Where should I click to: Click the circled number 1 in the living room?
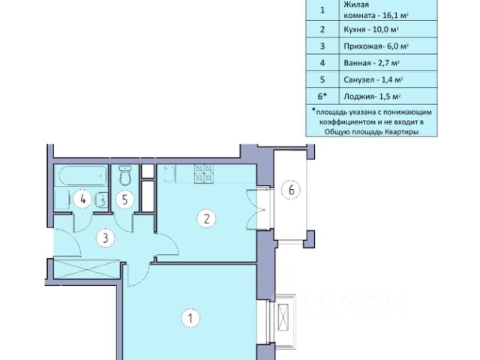[x=190, y=318]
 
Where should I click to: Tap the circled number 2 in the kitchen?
[x=207, y=219]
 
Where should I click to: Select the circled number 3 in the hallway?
[x=105, y=238]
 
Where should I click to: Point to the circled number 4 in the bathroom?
[x=82, y=199]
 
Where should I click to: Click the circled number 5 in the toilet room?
[x=124, y=200]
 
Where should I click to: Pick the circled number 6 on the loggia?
[x=291, y=190]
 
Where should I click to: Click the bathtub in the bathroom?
[x=83, y=175]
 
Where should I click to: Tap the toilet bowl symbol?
[x=124, y=175]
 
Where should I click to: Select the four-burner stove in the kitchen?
[x=204, y=174]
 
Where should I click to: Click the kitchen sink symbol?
[x=169, y=174]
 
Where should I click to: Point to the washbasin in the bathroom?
[x=101, y=200]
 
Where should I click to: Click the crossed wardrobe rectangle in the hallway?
[x=86, y=269]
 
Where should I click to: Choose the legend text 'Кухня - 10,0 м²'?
[x=371, y=29]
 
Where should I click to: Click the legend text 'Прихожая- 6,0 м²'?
[x=376, y=46]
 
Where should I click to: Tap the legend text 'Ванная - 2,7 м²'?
[x=372, y=63]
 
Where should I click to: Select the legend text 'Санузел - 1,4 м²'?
[x=373, y=80]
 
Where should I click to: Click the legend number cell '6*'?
[x=322, y=96]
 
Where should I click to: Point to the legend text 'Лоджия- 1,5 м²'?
[x=372, y=97]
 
